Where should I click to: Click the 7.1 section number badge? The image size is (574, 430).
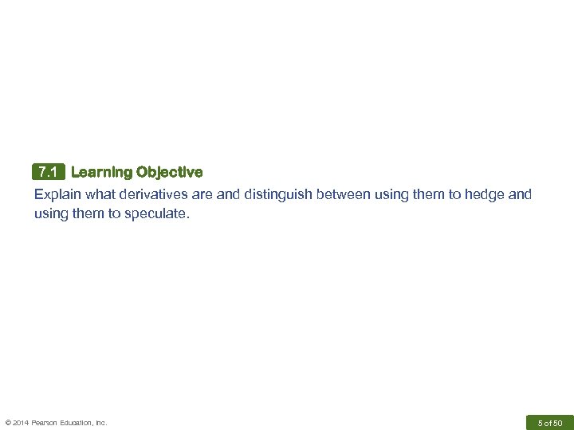(48, 172)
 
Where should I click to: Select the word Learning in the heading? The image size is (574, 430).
(101, 172)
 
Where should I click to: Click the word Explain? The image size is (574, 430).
(56, 194)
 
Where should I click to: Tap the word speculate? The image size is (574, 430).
(157, 213)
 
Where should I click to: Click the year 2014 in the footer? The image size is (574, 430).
(22, 423)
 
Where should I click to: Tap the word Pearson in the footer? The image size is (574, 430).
(45, 423)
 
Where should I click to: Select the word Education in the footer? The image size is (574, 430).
(77, 423)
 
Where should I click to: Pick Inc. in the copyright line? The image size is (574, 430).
(101, 423)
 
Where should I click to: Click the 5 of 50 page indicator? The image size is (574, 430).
(549, 422)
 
